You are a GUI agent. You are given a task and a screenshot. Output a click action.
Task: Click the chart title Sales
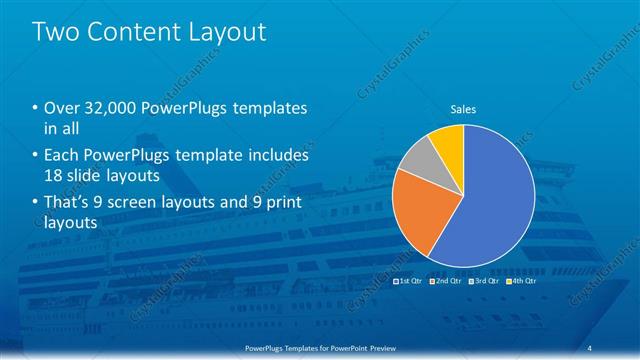click(463, 108)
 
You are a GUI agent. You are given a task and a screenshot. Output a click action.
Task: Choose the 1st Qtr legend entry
click(410, 283)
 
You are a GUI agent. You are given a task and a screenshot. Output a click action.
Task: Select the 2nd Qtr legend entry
click(446, 283)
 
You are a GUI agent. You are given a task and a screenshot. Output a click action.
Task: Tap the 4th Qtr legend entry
click(521, 283)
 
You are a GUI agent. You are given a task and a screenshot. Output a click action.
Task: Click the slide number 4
click(591, 347)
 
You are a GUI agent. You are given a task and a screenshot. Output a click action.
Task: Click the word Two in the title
click(58, 32)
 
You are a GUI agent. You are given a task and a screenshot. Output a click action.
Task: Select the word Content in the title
click(134, 32)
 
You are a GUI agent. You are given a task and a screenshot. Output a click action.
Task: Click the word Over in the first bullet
click(60, 108)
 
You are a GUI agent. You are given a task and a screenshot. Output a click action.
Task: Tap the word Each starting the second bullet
click(61, 156)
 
